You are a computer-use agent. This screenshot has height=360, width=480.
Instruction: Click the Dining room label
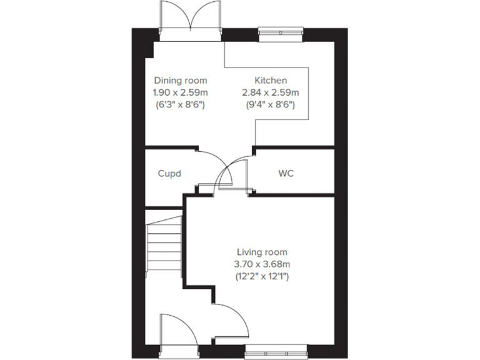(181, 81)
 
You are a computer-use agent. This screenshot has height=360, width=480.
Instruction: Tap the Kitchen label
(271, 81)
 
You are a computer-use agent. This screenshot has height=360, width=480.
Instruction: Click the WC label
(286, 173)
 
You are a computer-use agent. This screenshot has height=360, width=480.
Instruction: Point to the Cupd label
(169, 173)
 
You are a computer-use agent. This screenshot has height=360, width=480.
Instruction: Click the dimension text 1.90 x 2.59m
(181, 92)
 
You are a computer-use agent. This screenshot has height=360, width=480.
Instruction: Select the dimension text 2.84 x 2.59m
(271, 92)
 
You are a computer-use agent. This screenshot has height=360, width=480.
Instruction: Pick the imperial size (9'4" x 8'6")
(271, 104)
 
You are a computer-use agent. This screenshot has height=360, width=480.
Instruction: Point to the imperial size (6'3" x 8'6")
(181, 104)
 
